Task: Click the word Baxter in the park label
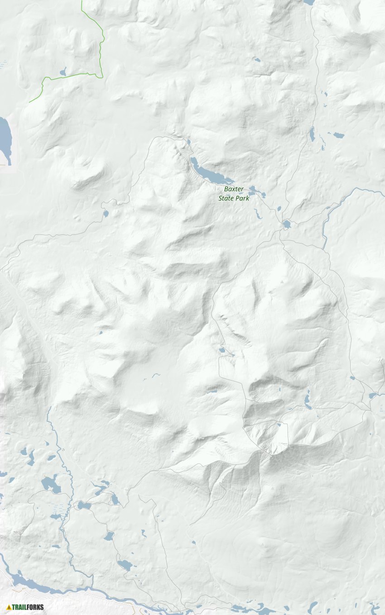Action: click(234, 189)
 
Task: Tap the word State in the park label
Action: click(227, 198)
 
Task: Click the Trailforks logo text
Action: click(28, 607)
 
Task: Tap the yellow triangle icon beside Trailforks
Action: click(9, 607)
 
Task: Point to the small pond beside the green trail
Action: click(63, 72)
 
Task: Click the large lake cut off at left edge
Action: click(5, 138)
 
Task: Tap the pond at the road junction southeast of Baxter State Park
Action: click(286, 224)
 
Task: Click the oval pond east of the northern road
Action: click(338, 135)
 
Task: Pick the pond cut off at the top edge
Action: click(309, 2)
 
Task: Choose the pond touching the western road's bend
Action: click(106, 213)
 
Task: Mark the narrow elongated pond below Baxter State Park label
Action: click(258, 214)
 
